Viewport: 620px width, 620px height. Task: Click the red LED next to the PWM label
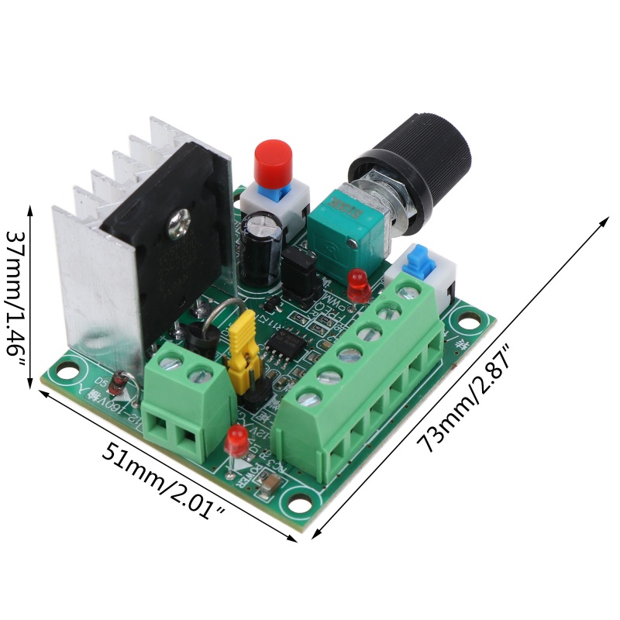point(357,284)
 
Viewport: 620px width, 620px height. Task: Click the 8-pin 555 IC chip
point(288,342)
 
